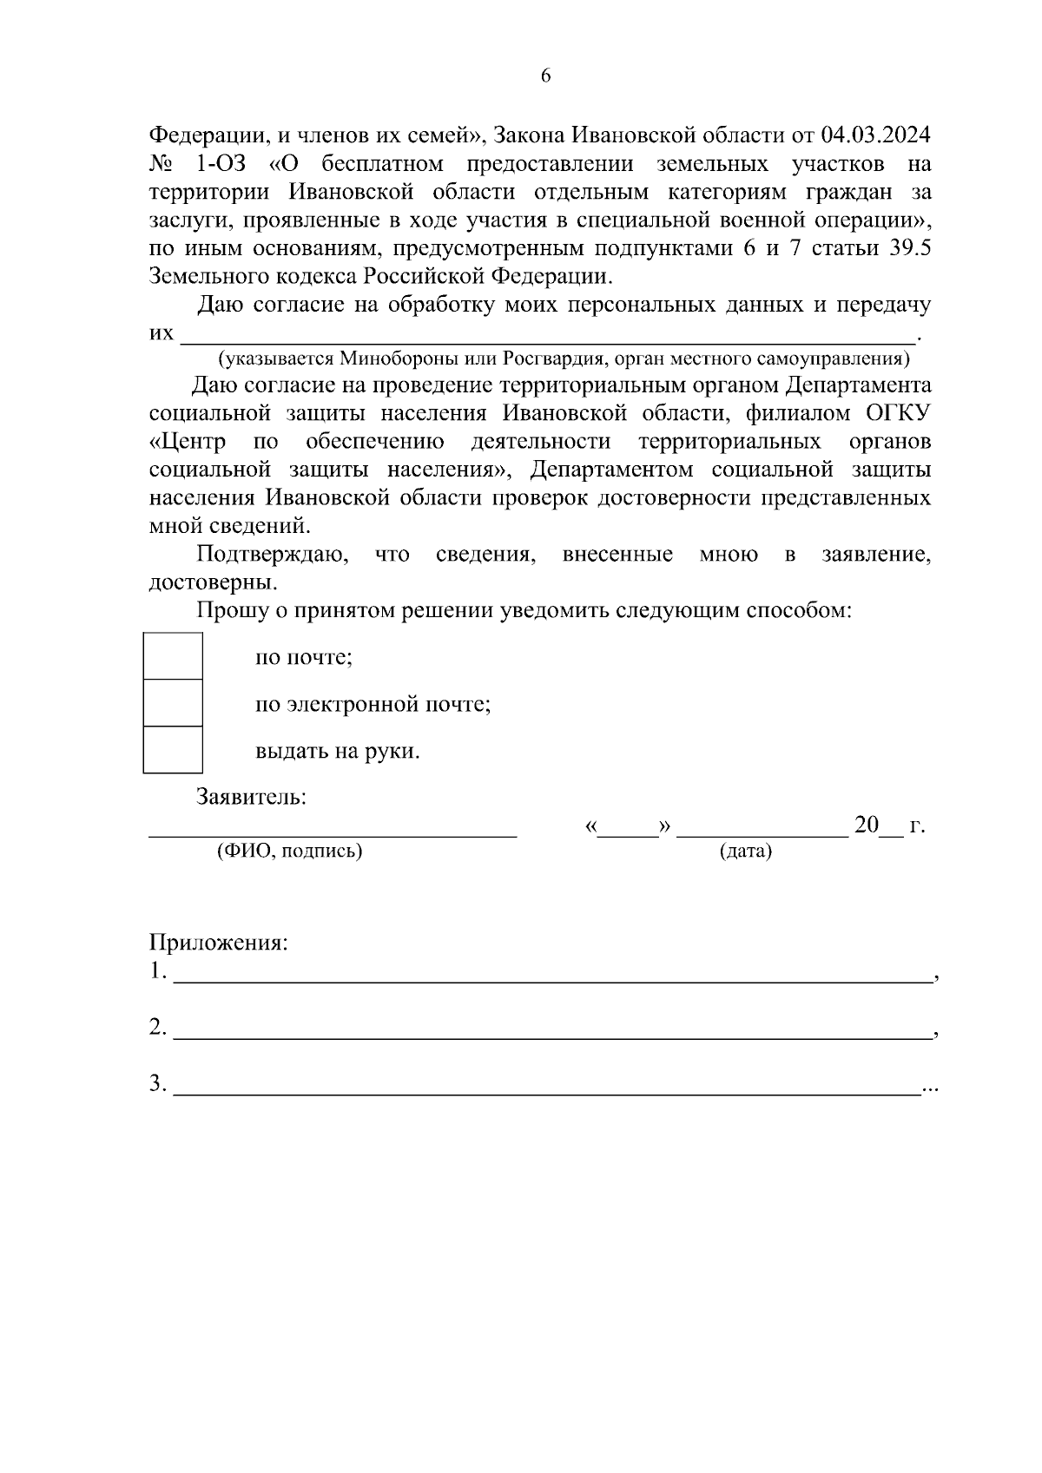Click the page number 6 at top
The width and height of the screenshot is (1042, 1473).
[545, 76]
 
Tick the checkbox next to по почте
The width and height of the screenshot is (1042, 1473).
[173, 656]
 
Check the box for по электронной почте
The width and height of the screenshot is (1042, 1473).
[173, 703]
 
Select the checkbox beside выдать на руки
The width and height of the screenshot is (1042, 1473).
[173, 750]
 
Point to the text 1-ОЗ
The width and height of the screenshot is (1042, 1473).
[215, 163]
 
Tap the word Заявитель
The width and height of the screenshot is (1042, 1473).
[251, 797]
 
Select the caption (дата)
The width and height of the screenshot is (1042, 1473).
[745, 852]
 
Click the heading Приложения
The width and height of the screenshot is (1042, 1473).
[218, 943]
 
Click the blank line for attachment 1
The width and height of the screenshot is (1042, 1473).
[552, 979]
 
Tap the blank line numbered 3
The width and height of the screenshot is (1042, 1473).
[547, 1091]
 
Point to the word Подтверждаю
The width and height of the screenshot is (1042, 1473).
[272, 555]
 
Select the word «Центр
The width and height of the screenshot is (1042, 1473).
[188, 442]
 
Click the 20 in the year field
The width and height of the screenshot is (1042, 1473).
[867, 825]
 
